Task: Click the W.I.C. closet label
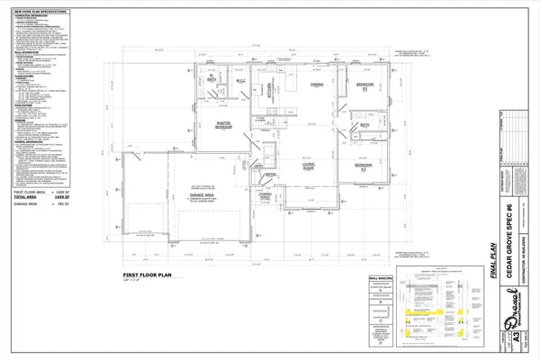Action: (x=241, y=82)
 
